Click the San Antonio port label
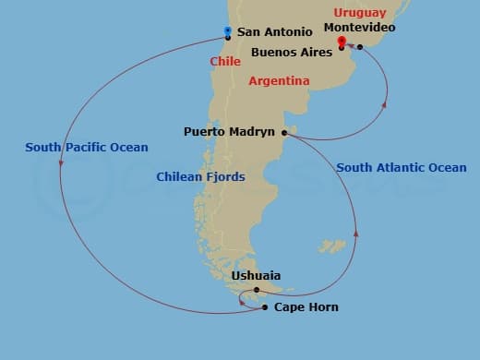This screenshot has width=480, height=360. point(274,32)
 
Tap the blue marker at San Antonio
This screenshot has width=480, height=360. point(227,32)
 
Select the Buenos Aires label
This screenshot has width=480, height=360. point(293,53)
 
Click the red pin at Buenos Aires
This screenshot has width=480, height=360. point(342,42)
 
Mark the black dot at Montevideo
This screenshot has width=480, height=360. point(360,47)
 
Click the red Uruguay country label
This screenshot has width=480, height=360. point(360,13)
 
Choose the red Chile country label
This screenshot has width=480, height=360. point(225,62)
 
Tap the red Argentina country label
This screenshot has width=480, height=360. point(279,81)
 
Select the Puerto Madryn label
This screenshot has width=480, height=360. point(229,132)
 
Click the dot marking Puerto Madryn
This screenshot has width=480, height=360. point(284,133)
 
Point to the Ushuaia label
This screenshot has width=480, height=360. point(257,276)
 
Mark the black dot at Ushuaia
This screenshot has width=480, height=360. point(257,290)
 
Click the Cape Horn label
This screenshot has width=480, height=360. point(306,307)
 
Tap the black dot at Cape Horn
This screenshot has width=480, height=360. point(265,307)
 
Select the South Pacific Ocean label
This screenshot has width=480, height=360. point(87,148)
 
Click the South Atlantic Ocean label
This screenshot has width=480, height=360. point(402,168)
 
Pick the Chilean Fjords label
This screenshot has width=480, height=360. point(200,176)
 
